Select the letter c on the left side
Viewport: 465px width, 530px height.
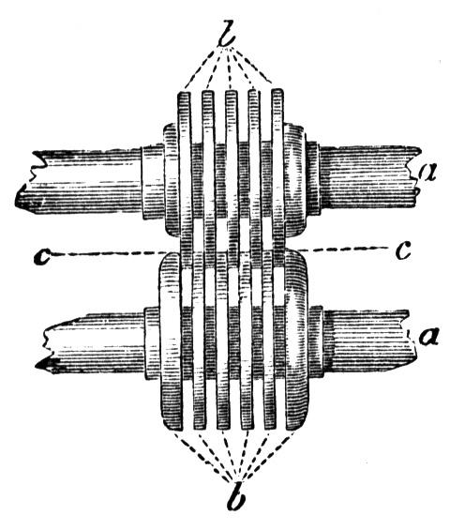tap(42, 257)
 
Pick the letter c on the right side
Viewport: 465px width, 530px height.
tap(403, 250)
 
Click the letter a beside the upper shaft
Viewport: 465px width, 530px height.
tap(427, 172)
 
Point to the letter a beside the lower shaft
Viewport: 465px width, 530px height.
tap(428, 337)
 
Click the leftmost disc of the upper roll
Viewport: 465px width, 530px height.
tap(185, 179)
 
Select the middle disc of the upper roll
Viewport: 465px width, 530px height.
tap(232, 179)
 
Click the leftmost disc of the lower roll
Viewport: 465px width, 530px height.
tap(171, 341)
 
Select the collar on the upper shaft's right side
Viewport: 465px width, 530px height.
tap(312, 178)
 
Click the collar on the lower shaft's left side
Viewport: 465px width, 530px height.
tap(152, 342)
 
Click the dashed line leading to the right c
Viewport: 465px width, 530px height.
tap(341, 250)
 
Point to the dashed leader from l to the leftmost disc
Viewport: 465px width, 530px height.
tap(202, 68)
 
